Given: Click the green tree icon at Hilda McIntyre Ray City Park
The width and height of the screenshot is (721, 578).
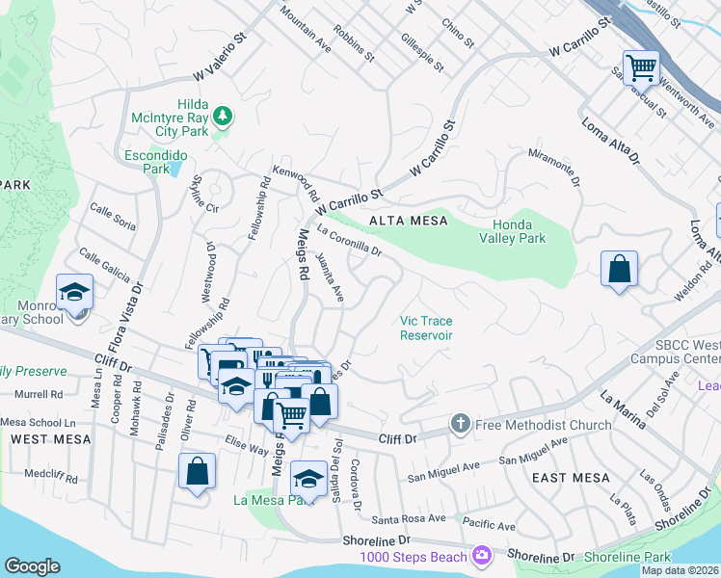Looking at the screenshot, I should click(224, 117).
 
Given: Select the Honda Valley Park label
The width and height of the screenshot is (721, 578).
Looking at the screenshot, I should click(514, 231).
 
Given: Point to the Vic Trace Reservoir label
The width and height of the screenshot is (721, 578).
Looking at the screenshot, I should click(426, 328).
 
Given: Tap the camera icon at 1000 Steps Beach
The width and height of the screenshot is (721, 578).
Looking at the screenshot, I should click(480, 556).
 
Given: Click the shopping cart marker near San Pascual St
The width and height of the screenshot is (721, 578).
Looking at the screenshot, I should click(641, 67).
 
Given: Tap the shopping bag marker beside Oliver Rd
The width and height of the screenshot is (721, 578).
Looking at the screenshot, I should click(197, 471).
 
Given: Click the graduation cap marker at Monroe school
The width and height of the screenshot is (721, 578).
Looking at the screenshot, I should click(74, 292).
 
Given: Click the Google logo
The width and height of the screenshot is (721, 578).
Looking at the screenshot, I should click(32, 566).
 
